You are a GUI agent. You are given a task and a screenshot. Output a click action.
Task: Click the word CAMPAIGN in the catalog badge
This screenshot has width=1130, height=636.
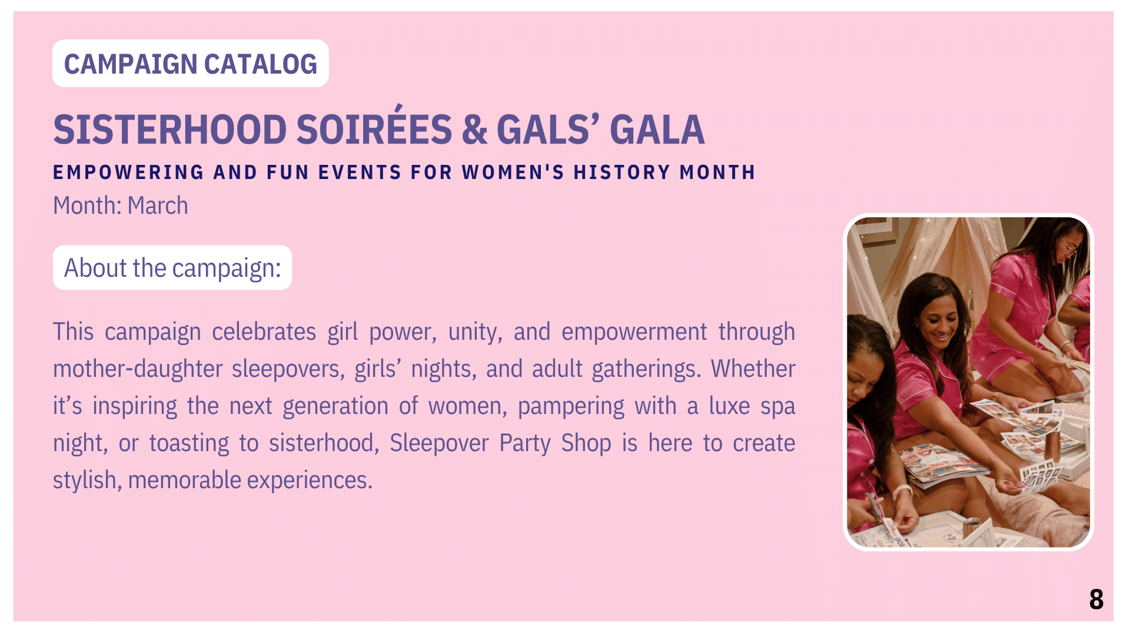click(131, 64)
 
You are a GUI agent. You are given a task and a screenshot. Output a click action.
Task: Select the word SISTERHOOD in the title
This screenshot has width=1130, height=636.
click(170, 130)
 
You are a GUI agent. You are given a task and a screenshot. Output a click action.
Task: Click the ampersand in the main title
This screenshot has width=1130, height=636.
click(475, 130)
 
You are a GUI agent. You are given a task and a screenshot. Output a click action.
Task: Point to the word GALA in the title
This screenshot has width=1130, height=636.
click(657, 130)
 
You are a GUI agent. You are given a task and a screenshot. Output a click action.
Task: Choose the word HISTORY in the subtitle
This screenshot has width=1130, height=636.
click(622, 173)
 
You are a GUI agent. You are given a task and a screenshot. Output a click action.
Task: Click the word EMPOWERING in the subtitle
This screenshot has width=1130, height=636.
click(128, 173)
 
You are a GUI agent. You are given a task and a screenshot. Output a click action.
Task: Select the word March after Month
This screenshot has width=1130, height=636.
click(158, 206)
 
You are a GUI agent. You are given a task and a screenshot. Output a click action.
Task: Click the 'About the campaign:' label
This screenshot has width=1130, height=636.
click(172, 268)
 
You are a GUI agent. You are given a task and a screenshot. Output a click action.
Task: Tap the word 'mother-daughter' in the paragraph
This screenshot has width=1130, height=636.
click(138, 369)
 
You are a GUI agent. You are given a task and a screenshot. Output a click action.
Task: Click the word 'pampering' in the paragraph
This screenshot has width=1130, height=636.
click(571, 407)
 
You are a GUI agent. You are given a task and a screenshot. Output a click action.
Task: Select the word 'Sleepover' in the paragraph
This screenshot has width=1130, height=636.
click(439, 443)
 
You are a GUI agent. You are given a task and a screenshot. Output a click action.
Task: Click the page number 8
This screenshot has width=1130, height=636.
click(1096, 599)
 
